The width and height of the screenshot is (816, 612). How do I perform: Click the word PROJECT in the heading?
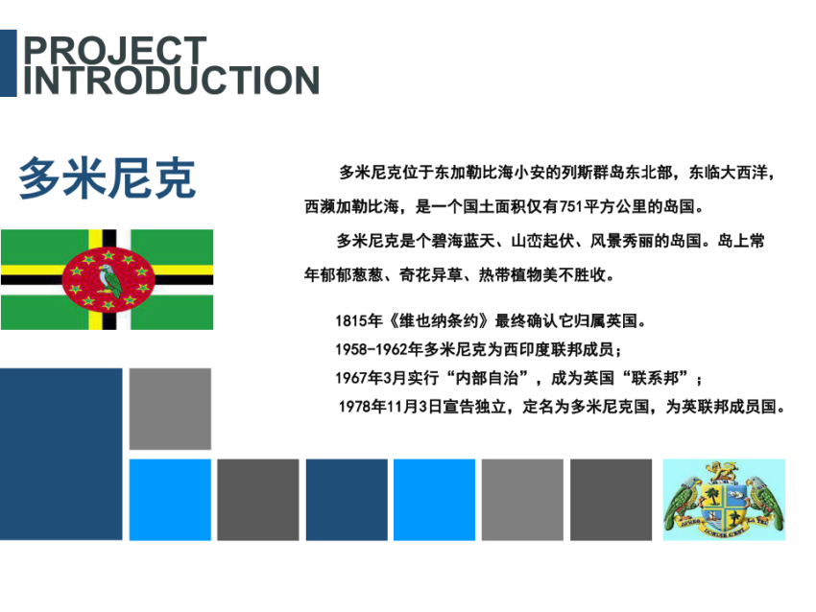(115, 50)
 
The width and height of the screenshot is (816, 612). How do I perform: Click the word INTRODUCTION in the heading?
(171, 80)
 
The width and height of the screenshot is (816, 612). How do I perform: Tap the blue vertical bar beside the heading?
(9, 63)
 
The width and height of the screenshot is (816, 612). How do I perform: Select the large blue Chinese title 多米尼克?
(108, 177)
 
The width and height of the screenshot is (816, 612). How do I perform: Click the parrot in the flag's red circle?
(109, 281)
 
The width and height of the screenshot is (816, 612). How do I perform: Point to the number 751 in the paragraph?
(571, 206)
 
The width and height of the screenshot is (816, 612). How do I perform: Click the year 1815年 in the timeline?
(359, 320)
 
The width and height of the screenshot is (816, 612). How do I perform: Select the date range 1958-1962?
(372, 349)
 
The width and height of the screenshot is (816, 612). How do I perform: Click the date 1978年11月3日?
(391, 407)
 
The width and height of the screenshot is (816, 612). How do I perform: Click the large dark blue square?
(60, 454)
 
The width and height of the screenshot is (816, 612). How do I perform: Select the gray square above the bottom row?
(170, 409)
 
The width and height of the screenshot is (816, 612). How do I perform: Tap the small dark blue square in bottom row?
(347, 500)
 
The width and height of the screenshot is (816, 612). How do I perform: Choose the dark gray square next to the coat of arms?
(611, 500)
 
